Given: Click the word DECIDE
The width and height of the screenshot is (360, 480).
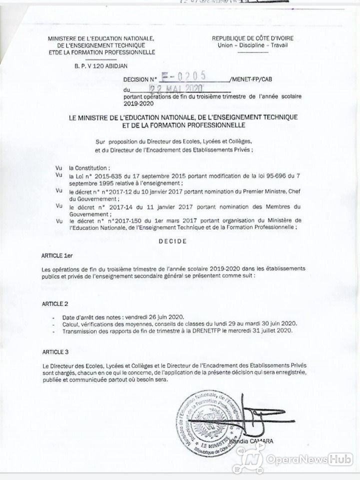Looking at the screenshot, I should (172, 241).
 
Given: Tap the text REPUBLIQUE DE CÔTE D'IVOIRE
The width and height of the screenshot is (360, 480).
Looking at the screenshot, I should (252, 38).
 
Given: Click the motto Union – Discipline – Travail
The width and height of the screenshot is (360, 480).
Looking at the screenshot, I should (252, 45).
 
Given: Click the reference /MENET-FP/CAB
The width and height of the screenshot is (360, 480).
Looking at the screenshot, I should (250, 79).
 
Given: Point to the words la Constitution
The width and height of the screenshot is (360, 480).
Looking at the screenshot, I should (88, 168).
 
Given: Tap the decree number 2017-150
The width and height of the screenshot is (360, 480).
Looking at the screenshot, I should (122, 220).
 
